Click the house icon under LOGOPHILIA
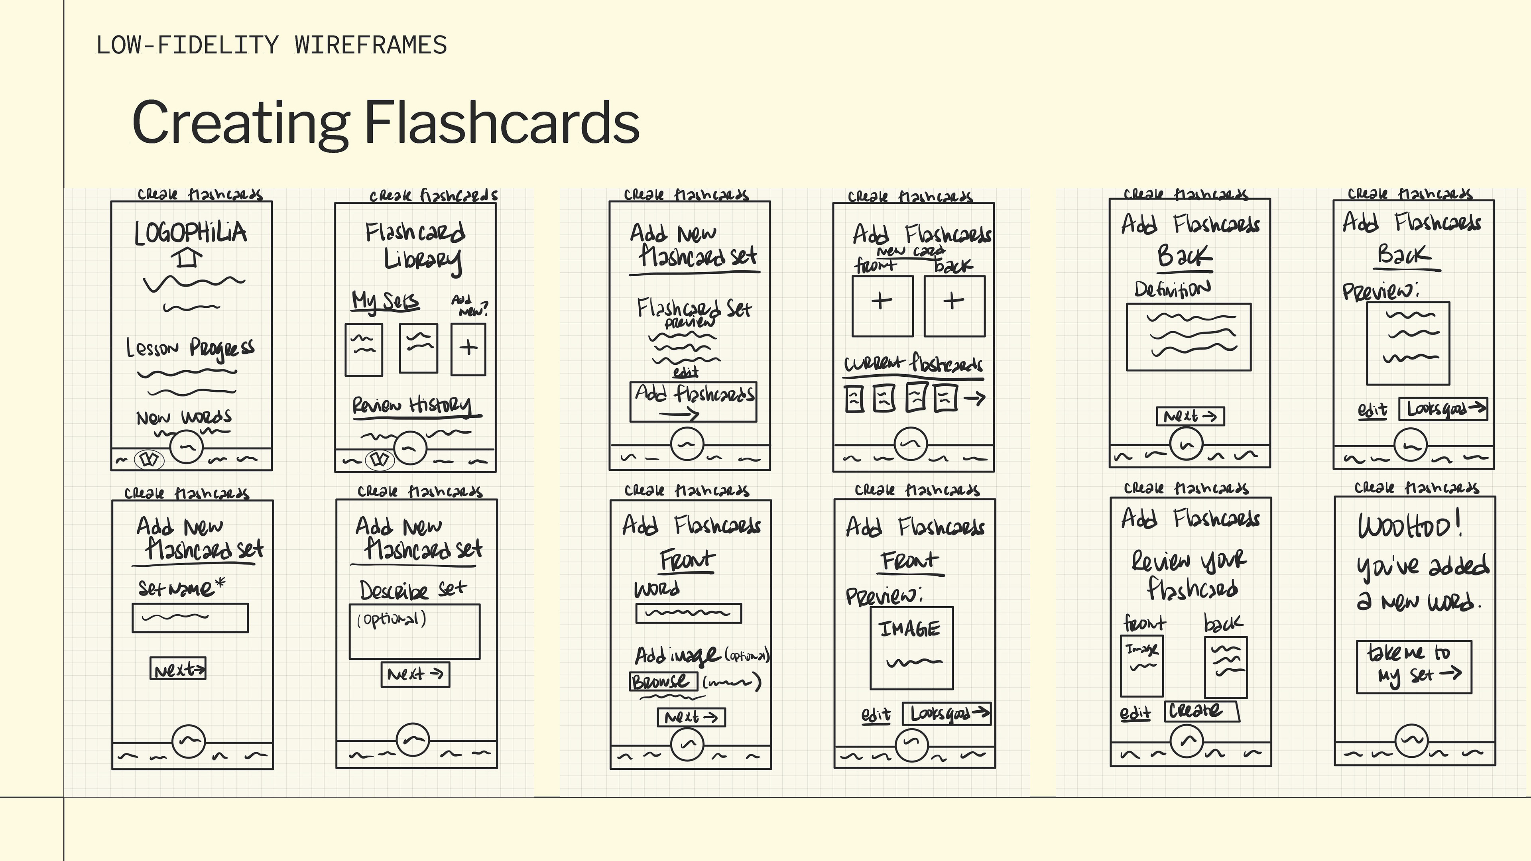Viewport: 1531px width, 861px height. [x=187, y=258]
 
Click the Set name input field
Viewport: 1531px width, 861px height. [x=190, y=618]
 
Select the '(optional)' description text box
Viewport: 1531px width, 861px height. [x=414, y=632]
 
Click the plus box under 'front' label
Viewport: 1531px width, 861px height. [x=882, y=306]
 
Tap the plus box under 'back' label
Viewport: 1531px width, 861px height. [x=954, y=306]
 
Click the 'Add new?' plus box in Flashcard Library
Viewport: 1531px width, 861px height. [x=468, y=349]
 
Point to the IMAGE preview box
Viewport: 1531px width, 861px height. [x=911, y=648]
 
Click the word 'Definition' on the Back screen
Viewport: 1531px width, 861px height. [x=1171, y=289]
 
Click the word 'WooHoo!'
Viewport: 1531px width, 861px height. [x=1409, y=525]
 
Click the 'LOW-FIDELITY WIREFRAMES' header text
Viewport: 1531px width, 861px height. [x=272, y=45]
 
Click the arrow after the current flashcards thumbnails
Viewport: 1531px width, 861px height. [x=974, y=398]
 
